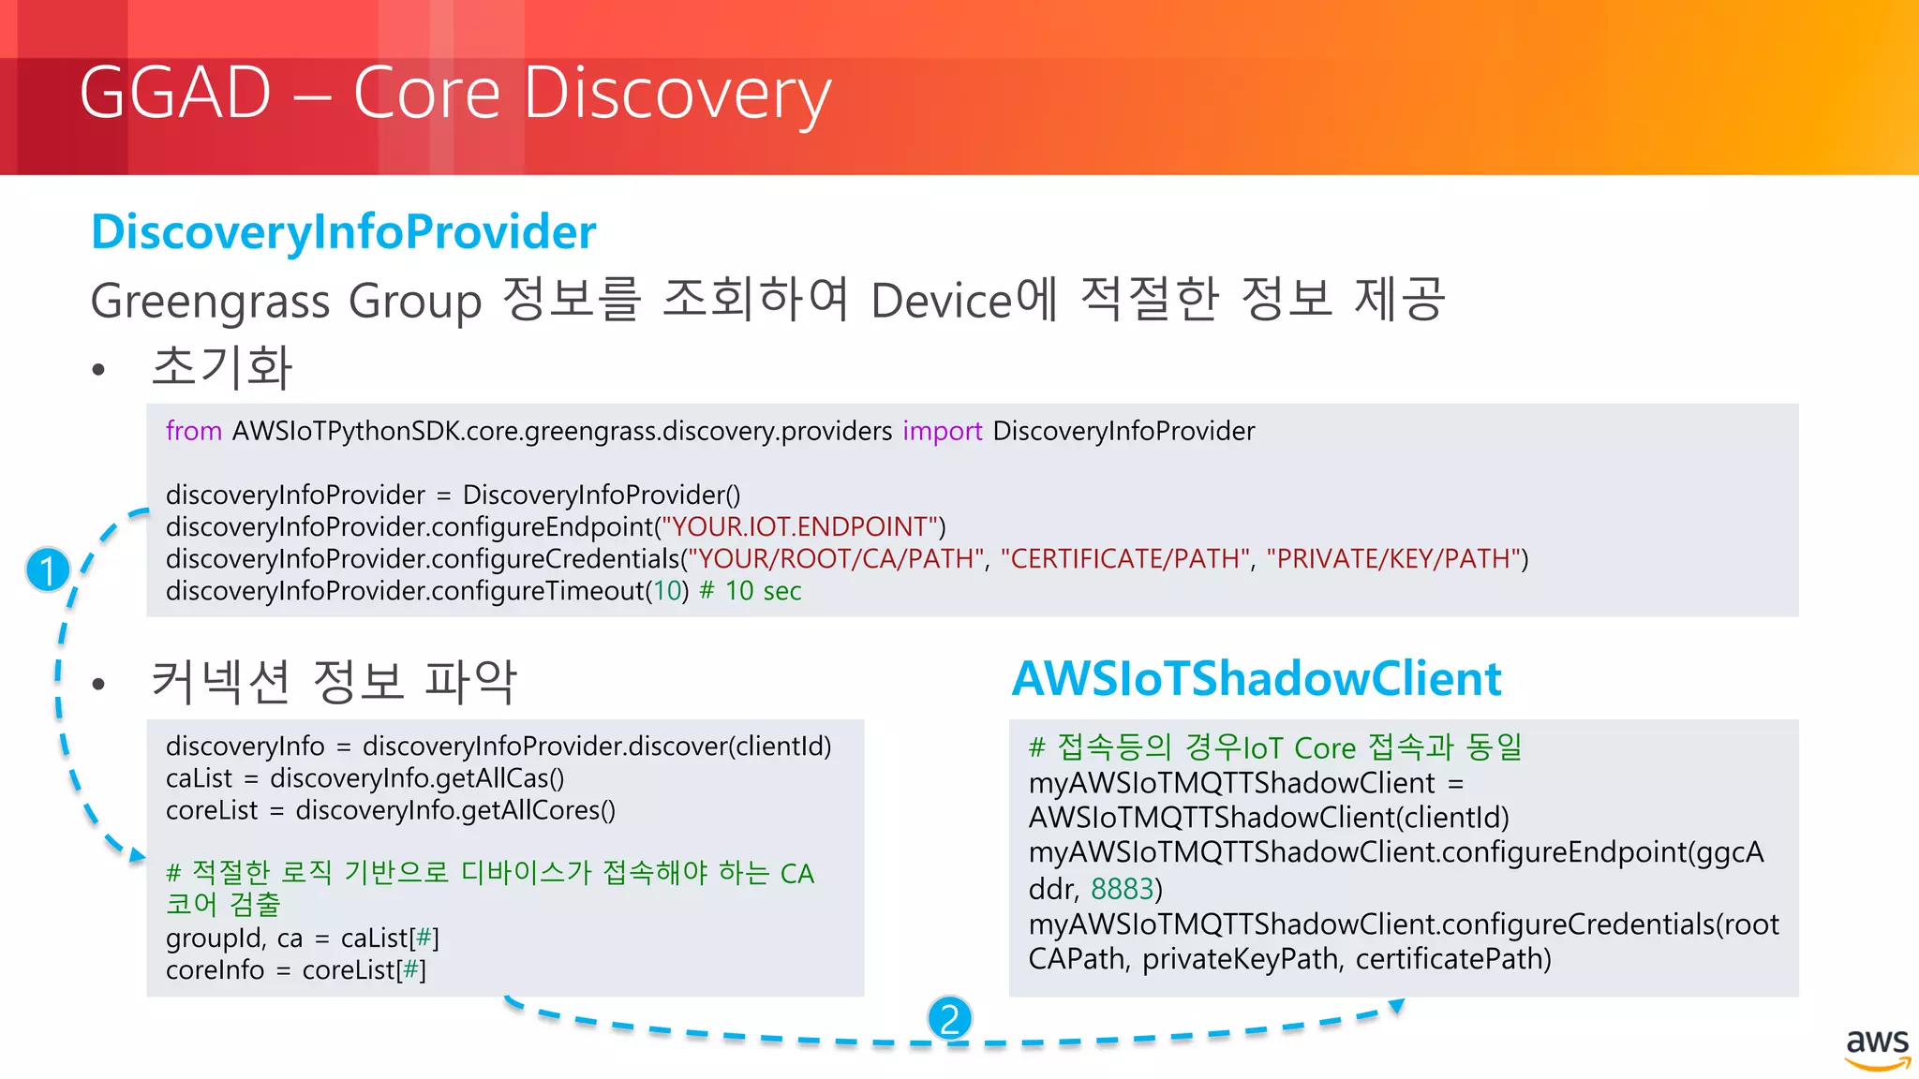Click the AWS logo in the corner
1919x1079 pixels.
[1877, 1048]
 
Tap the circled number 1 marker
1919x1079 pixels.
[48, 569]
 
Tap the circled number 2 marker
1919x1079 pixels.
[949, 1018]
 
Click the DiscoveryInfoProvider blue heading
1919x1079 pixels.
[343, 231]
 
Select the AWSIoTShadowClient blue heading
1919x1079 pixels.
[1257, 678]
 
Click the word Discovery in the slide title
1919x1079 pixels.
[677, 94]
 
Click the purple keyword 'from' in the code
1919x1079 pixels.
[193, 431]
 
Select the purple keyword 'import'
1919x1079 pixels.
[942, 431]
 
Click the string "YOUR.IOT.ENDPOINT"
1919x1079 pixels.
[800, 526]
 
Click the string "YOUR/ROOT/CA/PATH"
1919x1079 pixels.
[837, 559]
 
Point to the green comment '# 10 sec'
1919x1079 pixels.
[751, 591]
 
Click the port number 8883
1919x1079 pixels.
[1122, 888]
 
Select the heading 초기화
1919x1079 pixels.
[222, 366]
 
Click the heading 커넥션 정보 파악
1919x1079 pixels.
[334, 681]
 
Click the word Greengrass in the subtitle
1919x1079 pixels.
[211, 301]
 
